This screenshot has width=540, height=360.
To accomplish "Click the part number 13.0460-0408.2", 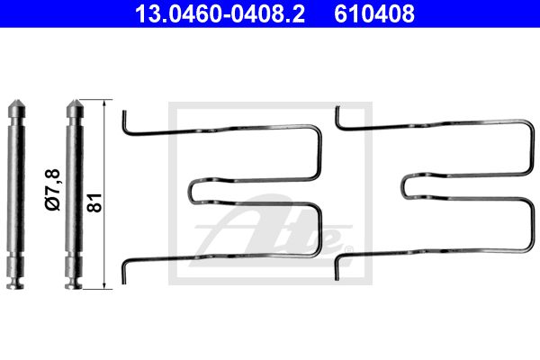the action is click(x=220, y=13).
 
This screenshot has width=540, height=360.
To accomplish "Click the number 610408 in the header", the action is click(x=374, y=13).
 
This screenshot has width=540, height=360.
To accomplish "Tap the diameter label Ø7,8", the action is click(x=53, y=190).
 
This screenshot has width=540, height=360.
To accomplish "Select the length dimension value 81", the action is click(x=94, y=202).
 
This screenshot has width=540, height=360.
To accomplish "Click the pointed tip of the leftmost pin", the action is click(x=16, y=101).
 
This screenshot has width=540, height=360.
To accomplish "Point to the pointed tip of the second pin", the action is click(x=75, y=101).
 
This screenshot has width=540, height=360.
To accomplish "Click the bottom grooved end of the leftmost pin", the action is click(x=15, y=282).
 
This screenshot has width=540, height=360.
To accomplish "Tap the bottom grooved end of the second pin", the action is click(x=74, y=282).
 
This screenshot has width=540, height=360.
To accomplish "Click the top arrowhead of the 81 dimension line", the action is click(x=104, y=101).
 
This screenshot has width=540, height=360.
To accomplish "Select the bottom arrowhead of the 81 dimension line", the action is click(x=104, y=287).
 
